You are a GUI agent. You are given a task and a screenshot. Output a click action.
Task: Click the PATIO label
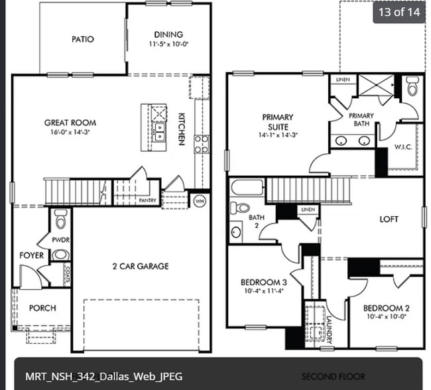click(x=83, y=39)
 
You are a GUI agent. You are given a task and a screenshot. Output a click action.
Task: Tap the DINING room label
click(x=168, y=34)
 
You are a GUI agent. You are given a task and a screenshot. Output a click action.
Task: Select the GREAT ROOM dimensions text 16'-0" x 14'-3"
click(x=70, y=133)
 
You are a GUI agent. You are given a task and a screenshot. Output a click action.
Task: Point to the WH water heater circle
click(x=199, y=200)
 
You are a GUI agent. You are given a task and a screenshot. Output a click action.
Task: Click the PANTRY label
click(x=147, y=200)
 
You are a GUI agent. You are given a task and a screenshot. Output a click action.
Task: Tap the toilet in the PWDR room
click(x=60, y=218)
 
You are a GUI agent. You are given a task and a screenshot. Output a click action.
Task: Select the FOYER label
click(x=31, y=255)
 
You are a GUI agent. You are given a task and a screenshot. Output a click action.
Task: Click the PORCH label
click(x=42, y=308)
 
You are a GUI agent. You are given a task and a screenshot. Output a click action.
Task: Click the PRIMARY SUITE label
click(x=277, y=121)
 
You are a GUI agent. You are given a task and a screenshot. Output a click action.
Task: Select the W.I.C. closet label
click(x=403, y=147)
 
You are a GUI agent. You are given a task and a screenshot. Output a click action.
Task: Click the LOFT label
click(x=389, y=219)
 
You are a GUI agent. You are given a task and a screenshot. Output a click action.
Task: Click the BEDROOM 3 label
click(x=263, y=283)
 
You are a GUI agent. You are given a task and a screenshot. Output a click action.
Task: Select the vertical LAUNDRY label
click(x=327, y=326)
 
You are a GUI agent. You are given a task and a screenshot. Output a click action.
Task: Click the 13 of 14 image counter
click(x=399, y=13)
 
